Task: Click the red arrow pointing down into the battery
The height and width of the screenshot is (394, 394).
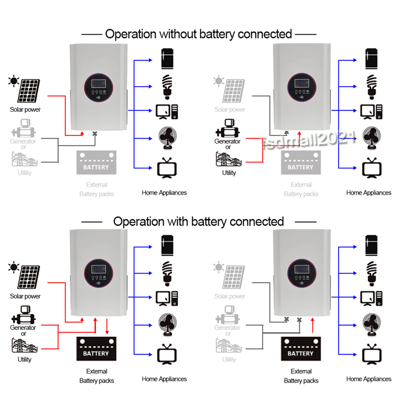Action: (107, 326)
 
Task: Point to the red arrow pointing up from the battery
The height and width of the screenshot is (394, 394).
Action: (312, 326)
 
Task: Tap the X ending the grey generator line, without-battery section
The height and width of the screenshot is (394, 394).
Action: (95, 134)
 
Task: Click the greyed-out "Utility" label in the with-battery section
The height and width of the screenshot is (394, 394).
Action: (229, 359)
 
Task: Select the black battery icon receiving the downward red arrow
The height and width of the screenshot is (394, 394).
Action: (96, 349)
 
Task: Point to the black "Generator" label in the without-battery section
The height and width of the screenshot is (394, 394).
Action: (228, 141)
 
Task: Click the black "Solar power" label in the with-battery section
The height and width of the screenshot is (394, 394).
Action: (25, 296)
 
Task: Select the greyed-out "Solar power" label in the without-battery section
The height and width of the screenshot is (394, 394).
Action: (230, 109)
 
